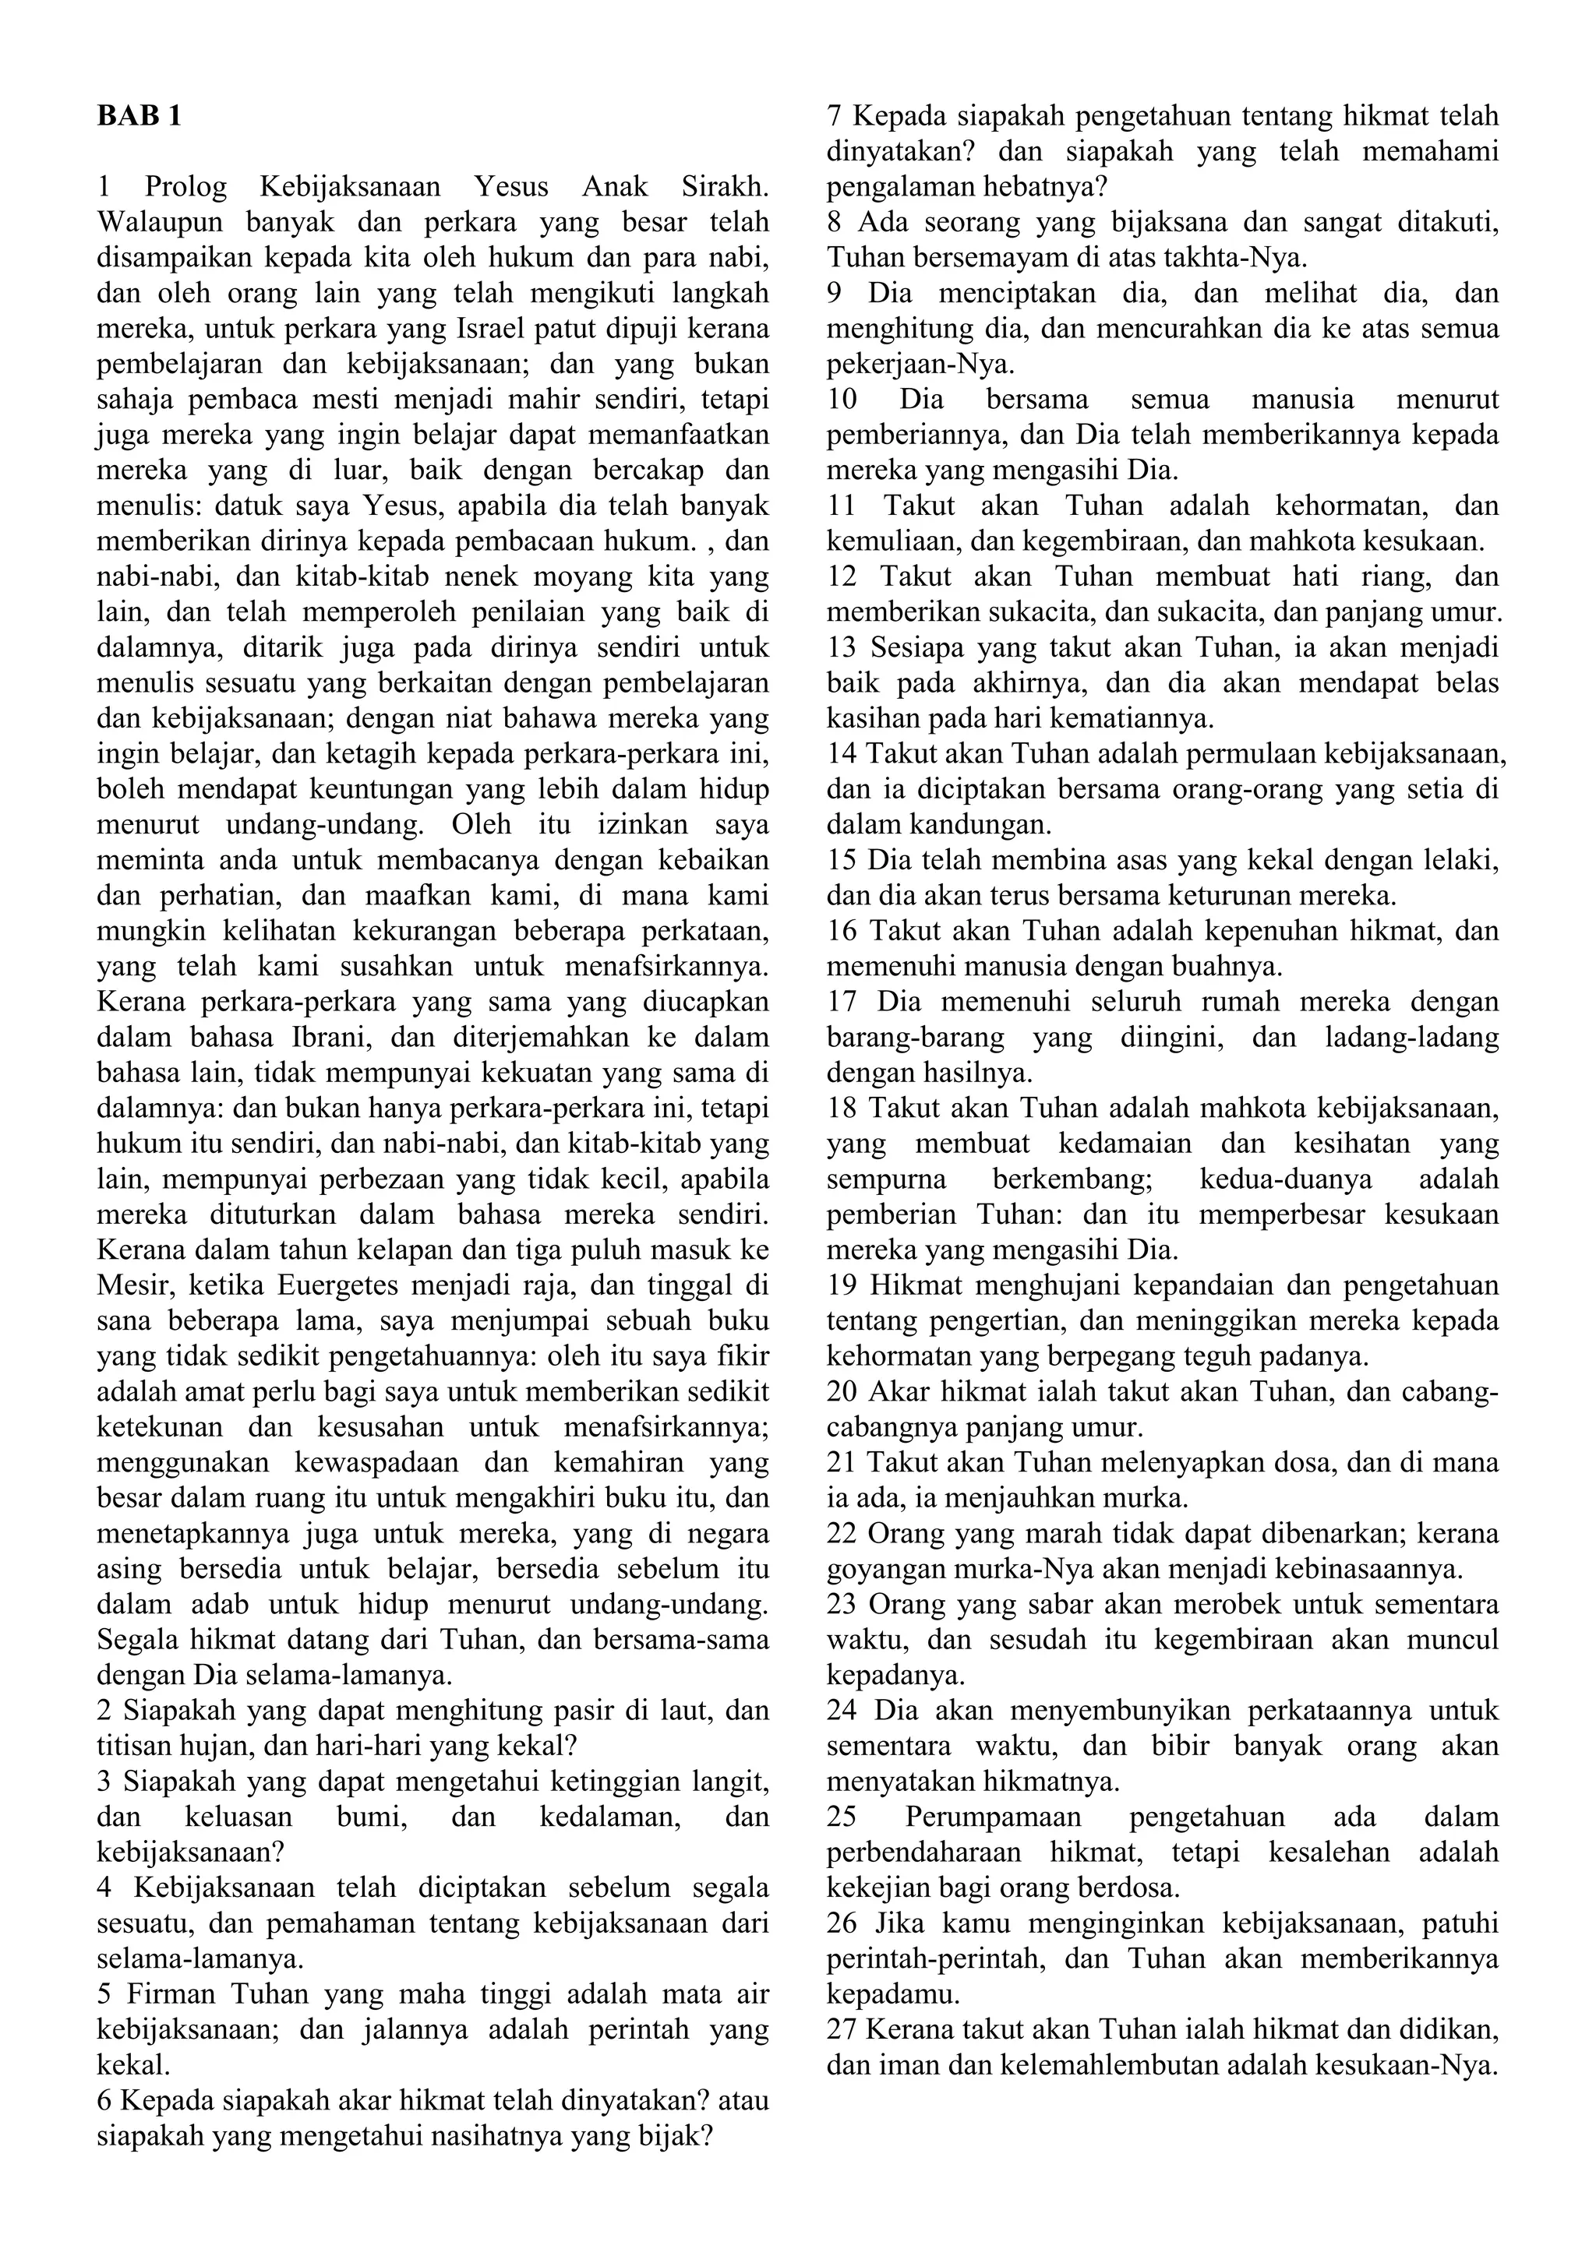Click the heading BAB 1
139,117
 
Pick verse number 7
835,117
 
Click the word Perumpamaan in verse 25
994,1817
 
